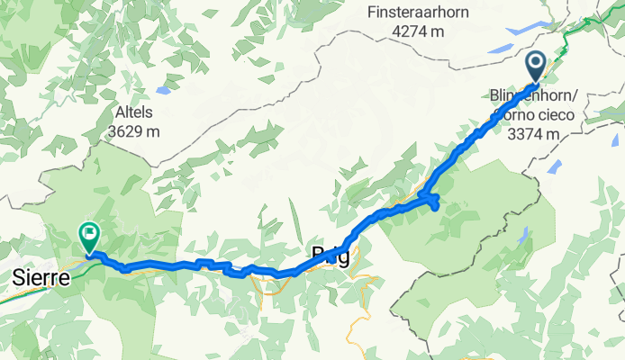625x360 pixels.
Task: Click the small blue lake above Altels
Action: [163, 91]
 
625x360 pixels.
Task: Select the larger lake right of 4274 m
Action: [523, 29]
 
